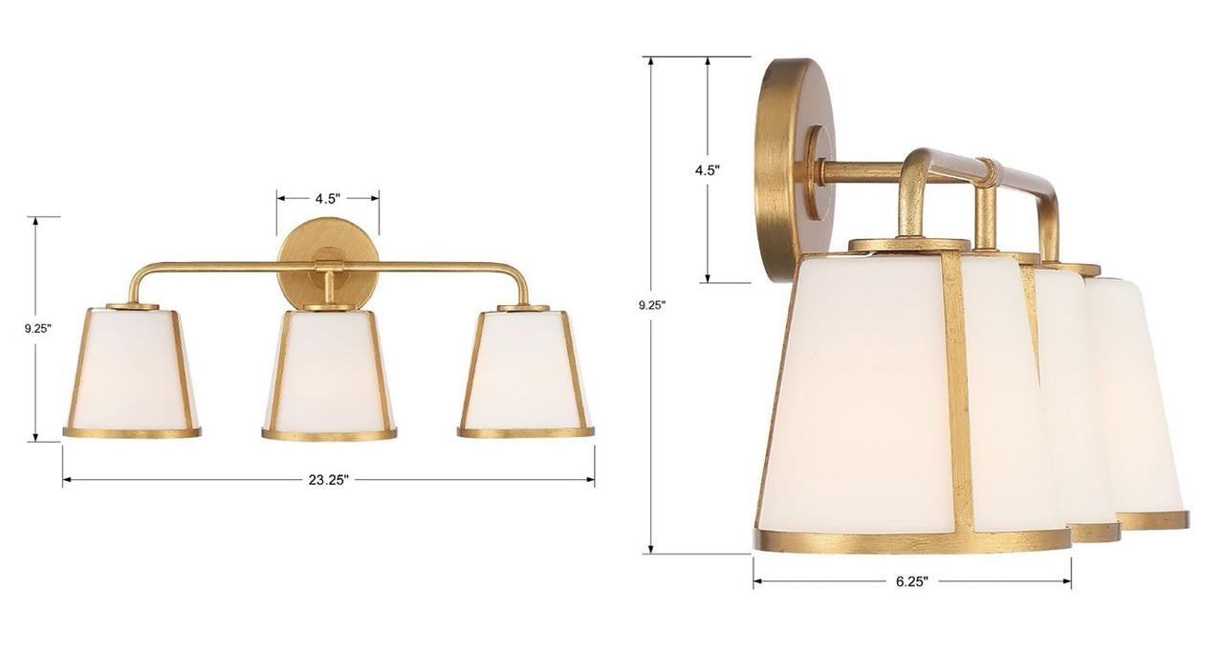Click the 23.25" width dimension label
tap(328, 480)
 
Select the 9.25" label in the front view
tap(37, 328)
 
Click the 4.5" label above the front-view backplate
tap(328, 199)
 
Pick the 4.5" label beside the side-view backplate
tap(707, 169)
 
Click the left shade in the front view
tap(132, 369)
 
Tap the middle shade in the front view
tap(329, 371)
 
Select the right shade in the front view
tap(525, 369)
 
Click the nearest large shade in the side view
tap(865, 392)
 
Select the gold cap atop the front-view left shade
tap(132, 306)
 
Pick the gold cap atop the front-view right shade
tap(523, 308)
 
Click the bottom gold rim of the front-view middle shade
tap(329, 435)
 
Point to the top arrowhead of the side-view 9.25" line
tap(651, 61)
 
